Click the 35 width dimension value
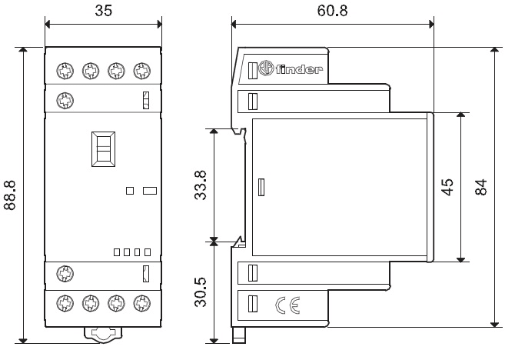103,10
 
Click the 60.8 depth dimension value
331,10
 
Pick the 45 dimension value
447,186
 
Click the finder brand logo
289,70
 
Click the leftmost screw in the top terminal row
65,71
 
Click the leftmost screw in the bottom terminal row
65,301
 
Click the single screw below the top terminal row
65,99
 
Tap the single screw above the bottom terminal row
65,272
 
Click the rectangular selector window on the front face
103,148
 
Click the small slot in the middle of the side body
261,187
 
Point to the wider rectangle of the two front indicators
150,189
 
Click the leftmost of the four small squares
116,251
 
